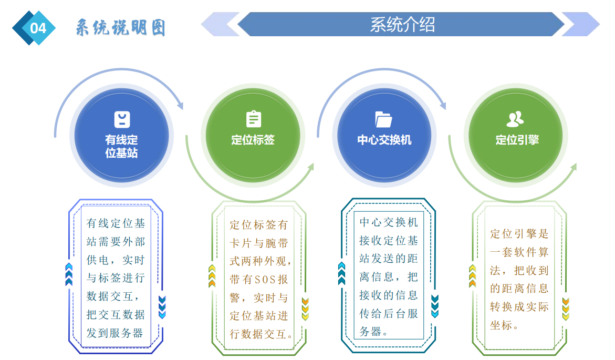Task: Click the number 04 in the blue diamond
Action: [38, 28]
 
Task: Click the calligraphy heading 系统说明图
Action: [120, 28]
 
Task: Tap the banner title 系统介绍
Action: [402, 24]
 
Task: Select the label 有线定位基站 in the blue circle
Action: [121, 147]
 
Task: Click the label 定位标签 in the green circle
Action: [253, 140]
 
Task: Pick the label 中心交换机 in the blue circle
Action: [384, 140]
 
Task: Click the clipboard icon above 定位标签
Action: [253, 119]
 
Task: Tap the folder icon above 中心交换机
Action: [384, 119]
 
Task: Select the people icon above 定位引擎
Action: [515, 119]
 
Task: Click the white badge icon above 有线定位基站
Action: [122, 119]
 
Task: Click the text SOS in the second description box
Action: [265, 280]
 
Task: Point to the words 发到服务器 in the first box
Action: [115, 333]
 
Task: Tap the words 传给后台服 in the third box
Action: [389, 314]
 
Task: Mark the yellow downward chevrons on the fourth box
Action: [566, 309]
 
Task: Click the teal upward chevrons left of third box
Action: [342, 273]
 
